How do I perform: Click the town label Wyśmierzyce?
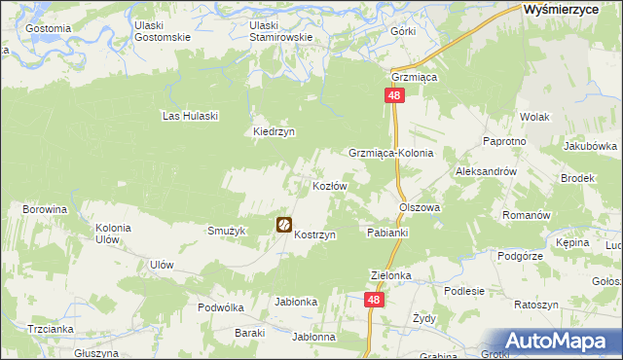click(567, 9)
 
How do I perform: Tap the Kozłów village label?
click(329, 185)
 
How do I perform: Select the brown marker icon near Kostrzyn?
click(284, 225)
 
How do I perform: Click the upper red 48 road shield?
click(394, 95)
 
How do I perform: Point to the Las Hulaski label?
click(190, 116)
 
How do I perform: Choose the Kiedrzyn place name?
click(274, 132)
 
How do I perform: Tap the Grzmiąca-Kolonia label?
click(390, 154)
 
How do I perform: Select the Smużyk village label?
click(225, 231)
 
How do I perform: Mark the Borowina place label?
click(45, 209)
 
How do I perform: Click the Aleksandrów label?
click(485, 170)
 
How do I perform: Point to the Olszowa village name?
click(420, 207)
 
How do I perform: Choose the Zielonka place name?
click(391, 275)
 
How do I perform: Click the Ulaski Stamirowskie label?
click(280, 31)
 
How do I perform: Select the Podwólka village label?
click(220, 306)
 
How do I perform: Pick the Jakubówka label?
click(590, 147)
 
